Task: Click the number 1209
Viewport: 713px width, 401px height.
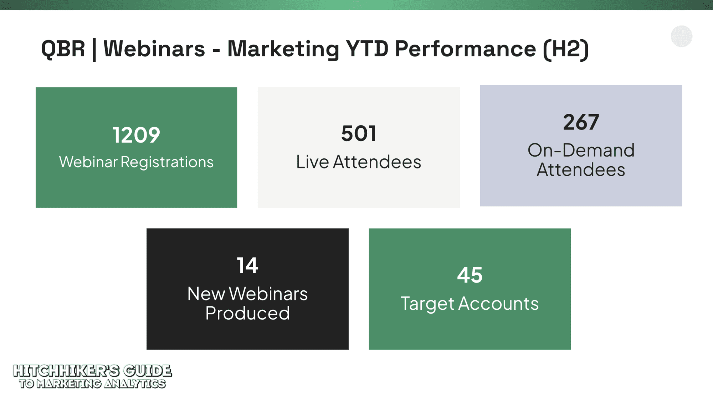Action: click(x=137, y=135)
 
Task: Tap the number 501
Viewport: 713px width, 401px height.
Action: click(x=359, y=133)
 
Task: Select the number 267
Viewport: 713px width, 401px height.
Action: click(x=581, y=122)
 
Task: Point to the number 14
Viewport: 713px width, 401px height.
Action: click(x=247, y=265)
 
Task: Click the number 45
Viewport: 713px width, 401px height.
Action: click(x=470, y=275)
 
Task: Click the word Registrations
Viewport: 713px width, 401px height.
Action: click(x=167, y=162)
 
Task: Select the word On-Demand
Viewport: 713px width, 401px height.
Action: click(x=581, y=150)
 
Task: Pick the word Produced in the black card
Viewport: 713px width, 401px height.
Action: click(x=247, y=313)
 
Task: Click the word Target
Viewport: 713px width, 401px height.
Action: click(x=427, y=304)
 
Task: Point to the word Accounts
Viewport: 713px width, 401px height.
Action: click(x=498, y=304)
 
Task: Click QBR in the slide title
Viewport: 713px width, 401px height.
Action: click(x=63, y=49)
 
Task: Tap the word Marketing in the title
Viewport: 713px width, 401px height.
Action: click(x=283, y=49)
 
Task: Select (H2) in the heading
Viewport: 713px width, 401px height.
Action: click(x=566, y=49)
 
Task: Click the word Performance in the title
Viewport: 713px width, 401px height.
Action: click(x=466, y=49)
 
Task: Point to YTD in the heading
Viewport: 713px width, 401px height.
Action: click(x=367, y=49)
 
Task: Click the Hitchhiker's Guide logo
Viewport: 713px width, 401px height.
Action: click(x=92, y=376)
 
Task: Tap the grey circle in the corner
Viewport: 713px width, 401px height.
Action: click(x=682, y=36)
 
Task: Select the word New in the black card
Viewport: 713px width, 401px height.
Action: click(x=206, y=294)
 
